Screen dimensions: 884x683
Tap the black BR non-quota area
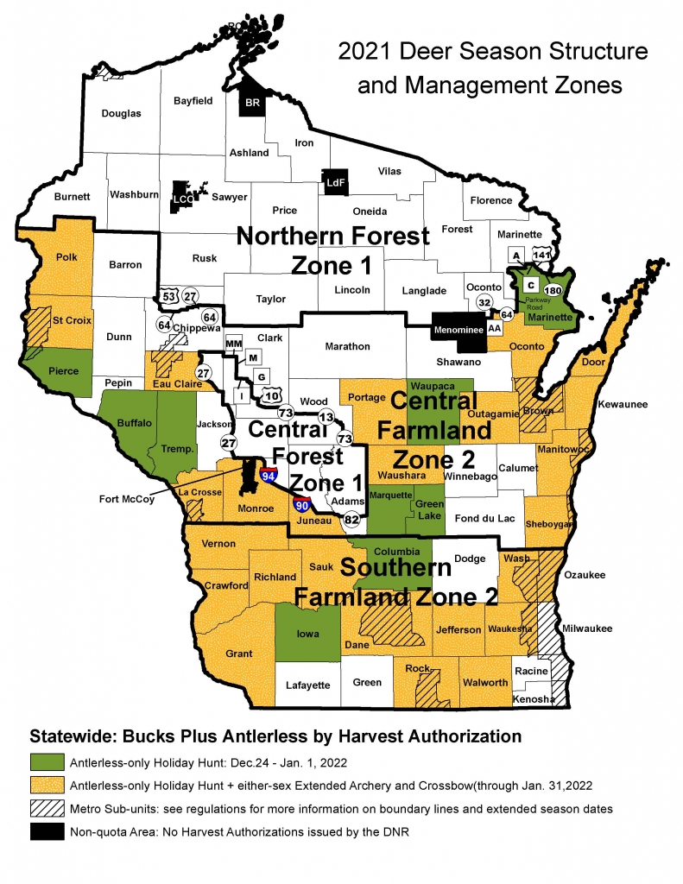[x=253, y=100]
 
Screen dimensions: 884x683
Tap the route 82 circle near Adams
[x=351, y=519]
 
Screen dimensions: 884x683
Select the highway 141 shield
[x=542, y=256]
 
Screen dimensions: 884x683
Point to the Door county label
[x=594, y=363]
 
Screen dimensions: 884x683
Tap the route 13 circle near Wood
[x=326, y=417]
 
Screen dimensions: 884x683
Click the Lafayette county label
[x=308, y=685]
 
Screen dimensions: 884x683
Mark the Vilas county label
[x=389, y=172]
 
